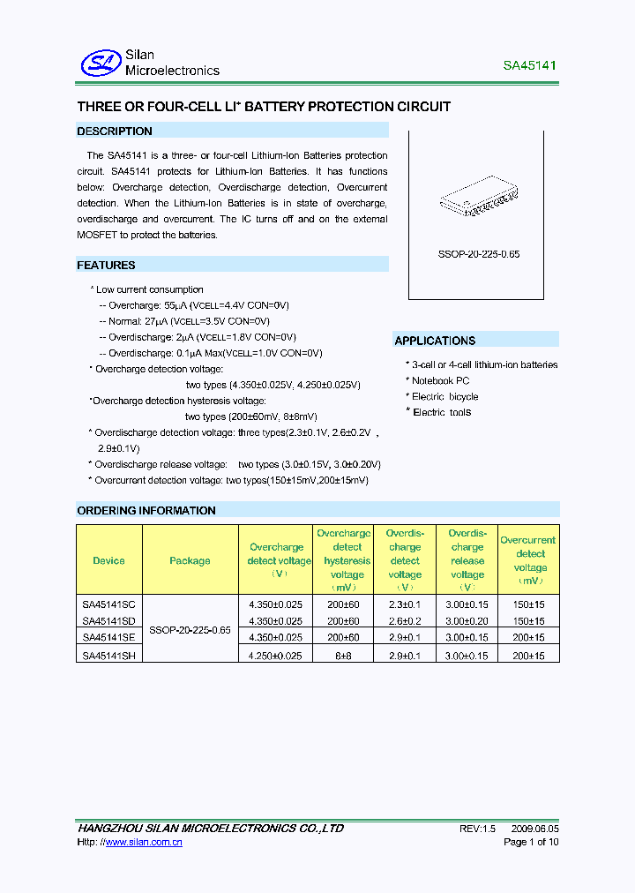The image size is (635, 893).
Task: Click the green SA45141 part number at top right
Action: (529, 65)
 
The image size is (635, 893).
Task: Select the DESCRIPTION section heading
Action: (115, 131)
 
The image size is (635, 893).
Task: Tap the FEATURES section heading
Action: (106, 265)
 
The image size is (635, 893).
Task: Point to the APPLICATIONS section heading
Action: (435, 341)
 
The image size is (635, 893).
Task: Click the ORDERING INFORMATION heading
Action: (146, 510)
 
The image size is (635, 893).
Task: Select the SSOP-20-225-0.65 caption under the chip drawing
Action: (479, 253)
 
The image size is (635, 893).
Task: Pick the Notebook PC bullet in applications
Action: (440, 380)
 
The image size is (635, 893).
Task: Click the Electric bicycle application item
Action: (444, 396)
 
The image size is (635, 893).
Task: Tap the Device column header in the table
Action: (108, 560)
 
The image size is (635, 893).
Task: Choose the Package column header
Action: (190, 560)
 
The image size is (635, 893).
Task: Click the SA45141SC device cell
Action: (108, 605)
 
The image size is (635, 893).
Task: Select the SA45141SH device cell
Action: (108, 656)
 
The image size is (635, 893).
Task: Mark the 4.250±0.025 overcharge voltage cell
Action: (276, 656)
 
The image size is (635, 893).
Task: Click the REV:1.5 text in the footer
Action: (478, 829)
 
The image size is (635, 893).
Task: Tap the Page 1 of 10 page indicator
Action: (530, 842)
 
